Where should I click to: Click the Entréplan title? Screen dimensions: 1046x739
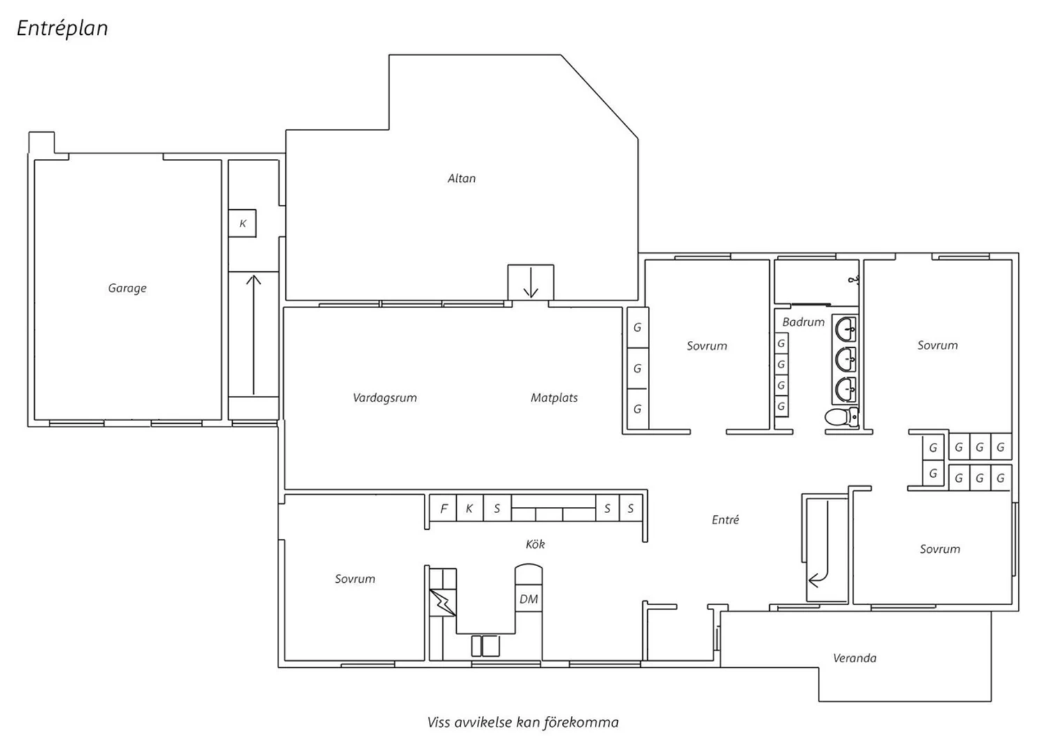click(62, 29)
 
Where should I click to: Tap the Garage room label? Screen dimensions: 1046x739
click(127, 289)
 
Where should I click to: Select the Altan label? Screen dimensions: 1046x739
click(462, 178)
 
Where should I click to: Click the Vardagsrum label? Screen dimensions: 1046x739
click(385, 398)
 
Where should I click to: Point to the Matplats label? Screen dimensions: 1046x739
click(554, 398)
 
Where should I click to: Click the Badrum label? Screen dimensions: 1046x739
click(803, 322)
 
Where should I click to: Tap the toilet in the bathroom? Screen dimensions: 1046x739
click(842, 417)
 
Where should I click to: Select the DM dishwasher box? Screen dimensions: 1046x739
click(529, 599)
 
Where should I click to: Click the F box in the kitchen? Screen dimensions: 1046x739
click(443, 508)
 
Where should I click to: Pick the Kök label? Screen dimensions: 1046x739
click(535, 544)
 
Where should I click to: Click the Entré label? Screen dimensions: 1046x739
click(725, 520)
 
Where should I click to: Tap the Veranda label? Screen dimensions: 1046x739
click(854, 658)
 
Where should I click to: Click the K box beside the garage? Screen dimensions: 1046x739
click(243, 224)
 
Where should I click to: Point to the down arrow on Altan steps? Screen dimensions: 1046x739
click(531, 282)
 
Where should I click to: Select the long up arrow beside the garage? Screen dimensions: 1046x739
click(254, 335)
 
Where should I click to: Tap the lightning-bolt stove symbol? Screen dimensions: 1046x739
click(441, 602)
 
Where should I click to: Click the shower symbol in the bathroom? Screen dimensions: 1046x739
click(854, 280)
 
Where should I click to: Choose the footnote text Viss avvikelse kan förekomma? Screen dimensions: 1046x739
click(523, 723)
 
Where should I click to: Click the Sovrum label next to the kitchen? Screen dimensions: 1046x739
click(355, 579)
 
